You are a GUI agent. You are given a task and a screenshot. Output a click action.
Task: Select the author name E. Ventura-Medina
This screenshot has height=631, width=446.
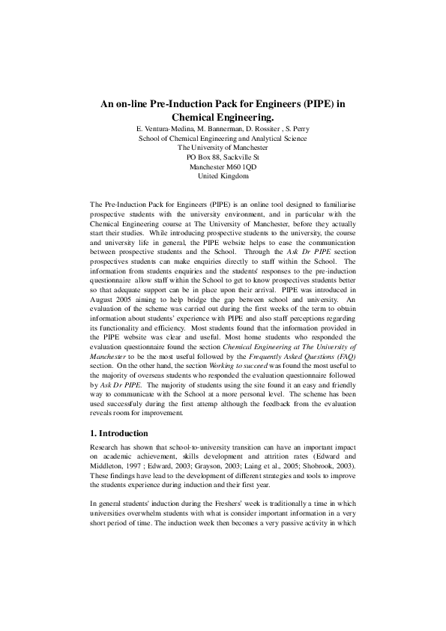161,129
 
